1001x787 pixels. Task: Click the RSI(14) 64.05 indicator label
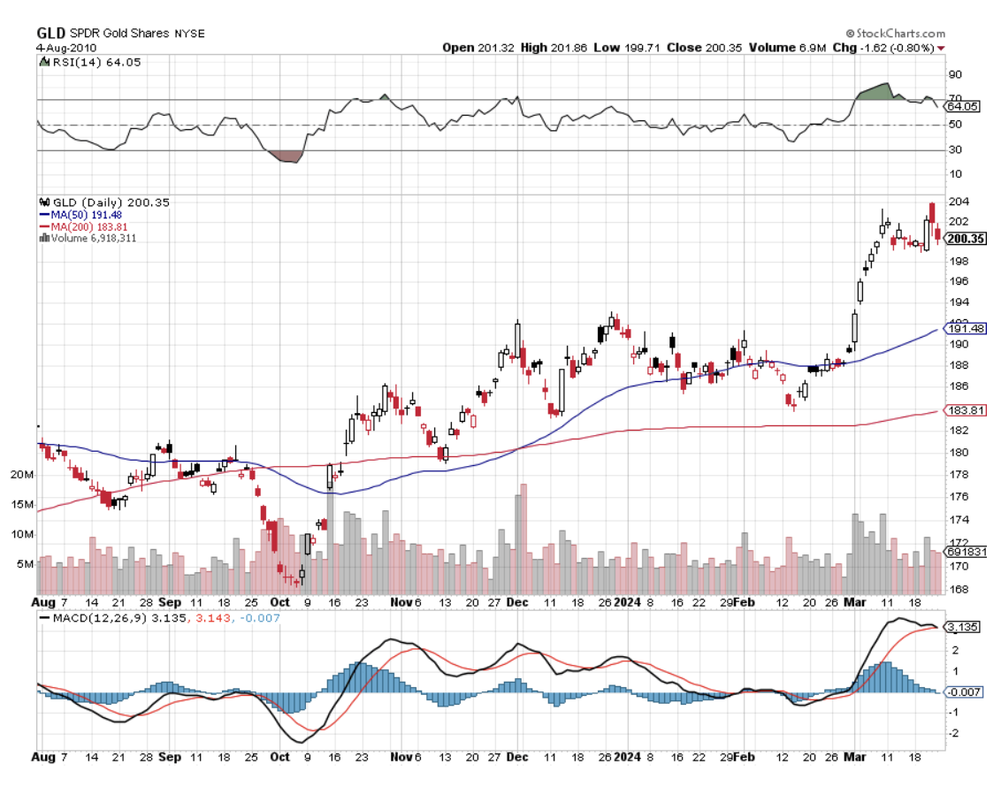[x=84, y=62]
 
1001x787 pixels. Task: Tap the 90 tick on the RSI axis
[x=954, y=74]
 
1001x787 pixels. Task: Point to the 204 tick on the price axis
[x=956, y=201]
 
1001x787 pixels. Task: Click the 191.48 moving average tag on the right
[x=965, y=328]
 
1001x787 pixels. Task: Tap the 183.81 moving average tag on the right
[x=965, y=410]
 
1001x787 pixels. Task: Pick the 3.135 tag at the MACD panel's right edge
[x=962, y=627]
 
